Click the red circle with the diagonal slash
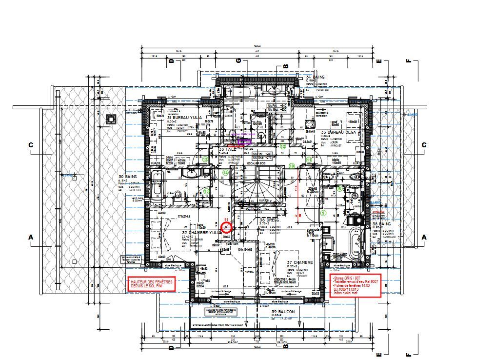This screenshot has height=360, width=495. (x=226, y=227)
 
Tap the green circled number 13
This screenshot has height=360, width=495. (x=205, y=159)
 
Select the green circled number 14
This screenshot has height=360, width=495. (x=226, y=172)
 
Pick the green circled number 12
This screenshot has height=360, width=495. (x=283, y=146)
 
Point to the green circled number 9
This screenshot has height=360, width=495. (x=322, y=213)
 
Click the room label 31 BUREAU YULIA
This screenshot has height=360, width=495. (x=184, y=118)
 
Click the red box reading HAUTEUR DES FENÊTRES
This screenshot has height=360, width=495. (x=152, y=284)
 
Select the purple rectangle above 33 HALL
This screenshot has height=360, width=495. (x=244, y=141)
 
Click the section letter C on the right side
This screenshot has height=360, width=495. (x=424, y=145)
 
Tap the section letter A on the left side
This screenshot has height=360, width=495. (x=31, y=237)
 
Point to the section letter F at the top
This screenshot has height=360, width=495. (x=408, y=61)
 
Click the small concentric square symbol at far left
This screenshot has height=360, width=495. (x=111, y=119)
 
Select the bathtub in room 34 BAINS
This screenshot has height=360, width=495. (x=240, y=93)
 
